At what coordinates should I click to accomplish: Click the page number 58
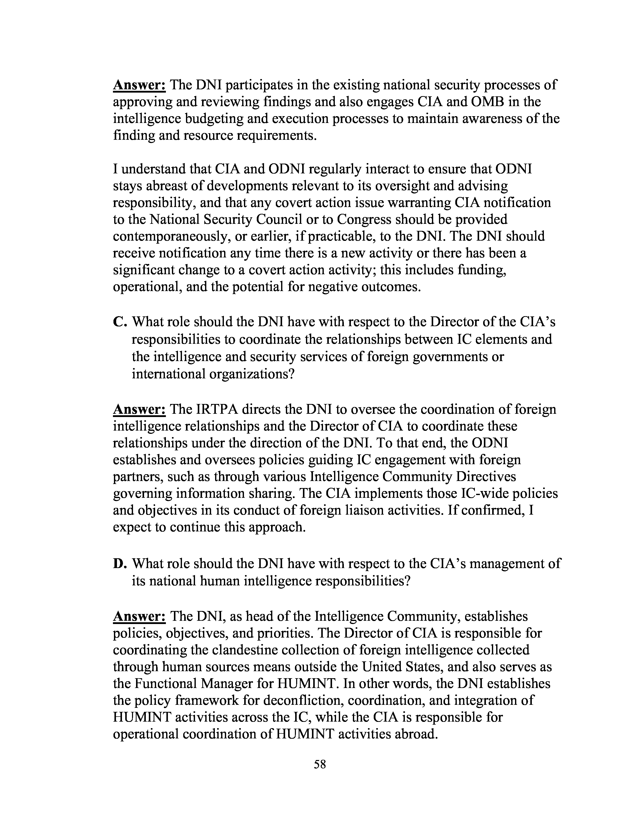[x=319, y=764]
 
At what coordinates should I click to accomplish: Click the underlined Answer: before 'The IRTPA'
[x=139, y=409]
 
